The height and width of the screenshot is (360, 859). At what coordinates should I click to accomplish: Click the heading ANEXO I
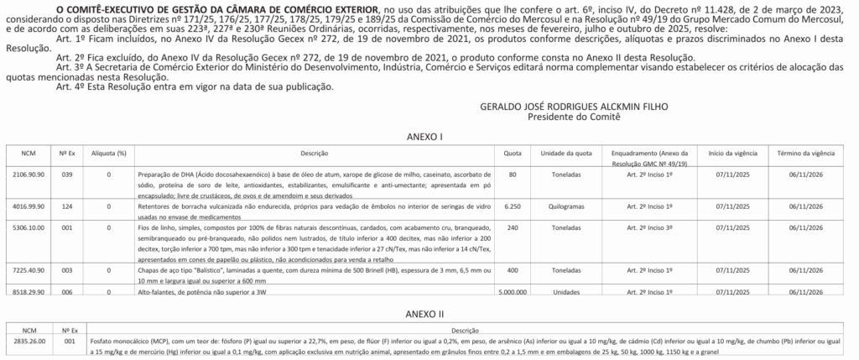[x=429, y=136]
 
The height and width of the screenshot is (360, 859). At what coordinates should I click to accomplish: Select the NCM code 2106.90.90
[x=29, y=175]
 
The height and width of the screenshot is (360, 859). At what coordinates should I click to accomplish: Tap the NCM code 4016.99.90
[x=29, y=205]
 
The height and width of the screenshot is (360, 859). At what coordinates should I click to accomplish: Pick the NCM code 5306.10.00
[x=29, y=227]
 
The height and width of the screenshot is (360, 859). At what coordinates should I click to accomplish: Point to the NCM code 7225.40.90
[x=29, y=270]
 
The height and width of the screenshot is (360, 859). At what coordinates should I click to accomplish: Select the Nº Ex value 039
[x=68, y=175]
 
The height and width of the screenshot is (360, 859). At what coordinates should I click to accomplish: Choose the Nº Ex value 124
[x=68, y=205]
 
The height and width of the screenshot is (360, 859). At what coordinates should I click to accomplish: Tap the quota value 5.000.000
[x=512, y=292]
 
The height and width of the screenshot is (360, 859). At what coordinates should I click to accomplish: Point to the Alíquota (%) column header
[x=109, y=154]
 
